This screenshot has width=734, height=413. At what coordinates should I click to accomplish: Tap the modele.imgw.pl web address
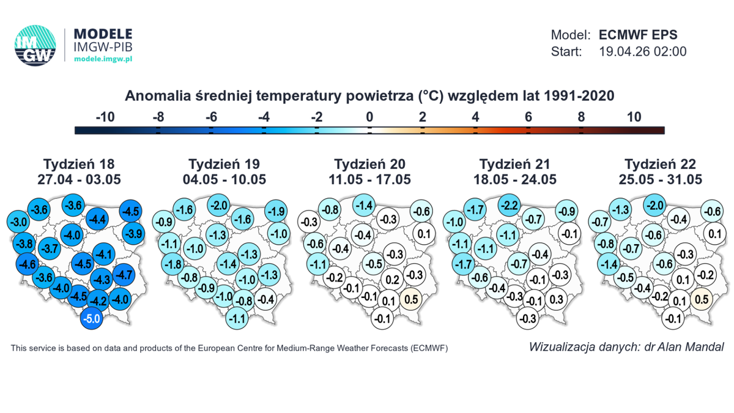[103, 59]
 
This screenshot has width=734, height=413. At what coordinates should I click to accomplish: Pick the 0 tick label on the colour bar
[369, 117]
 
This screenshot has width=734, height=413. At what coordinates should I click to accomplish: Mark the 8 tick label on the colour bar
[581, 117]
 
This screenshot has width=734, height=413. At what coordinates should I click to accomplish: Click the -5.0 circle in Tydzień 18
[92, 318]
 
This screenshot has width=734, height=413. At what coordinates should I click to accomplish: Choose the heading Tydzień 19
[224, 164]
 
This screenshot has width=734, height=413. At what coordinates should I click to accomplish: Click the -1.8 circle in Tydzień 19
[172, 265]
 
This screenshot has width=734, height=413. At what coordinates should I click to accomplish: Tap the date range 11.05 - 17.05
[369, 179]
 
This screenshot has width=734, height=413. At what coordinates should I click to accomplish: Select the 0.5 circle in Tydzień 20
[411, 300]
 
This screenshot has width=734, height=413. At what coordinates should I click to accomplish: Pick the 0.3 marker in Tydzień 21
[556, 300]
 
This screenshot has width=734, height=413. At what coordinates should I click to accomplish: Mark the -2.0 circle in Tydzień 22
[656, 206]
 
